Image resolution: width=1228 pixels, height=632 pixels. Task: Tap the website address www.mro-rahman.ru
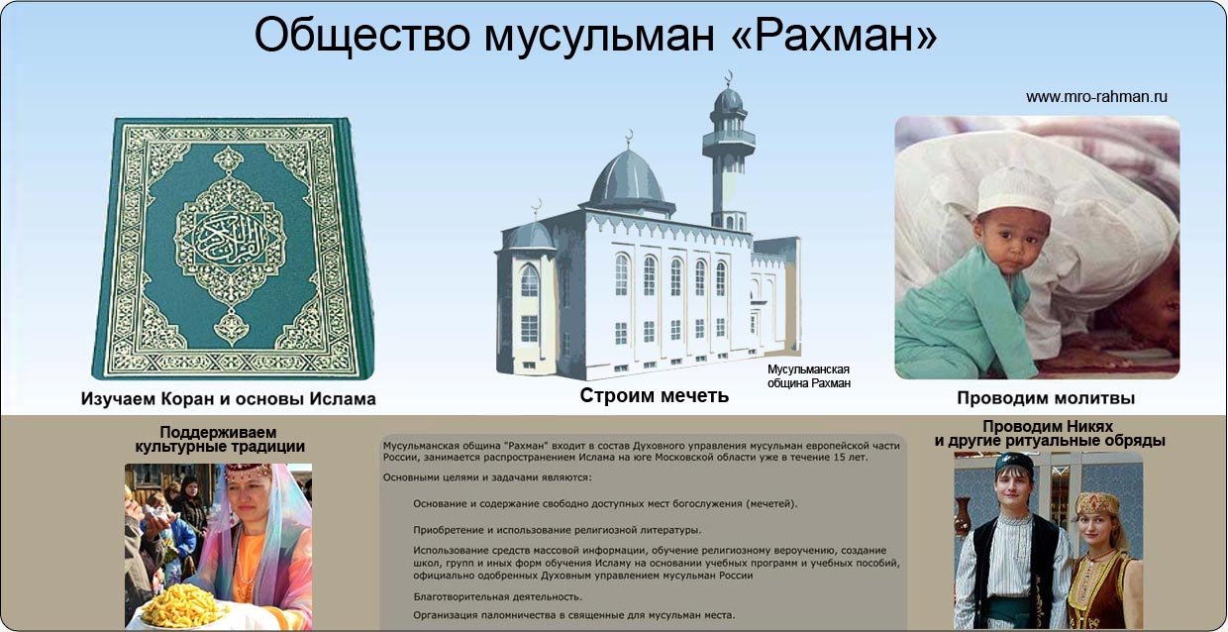(x=1096, y=97)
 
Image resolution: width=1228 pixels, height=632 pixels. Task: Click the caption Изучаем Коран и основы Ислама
(x=228, y=398)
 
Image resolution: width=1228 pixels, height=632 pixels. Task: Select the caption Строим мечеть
(x=654, y=395)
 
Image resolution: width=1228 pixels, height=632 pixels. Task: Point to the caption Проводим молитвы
(x=1046, y=398)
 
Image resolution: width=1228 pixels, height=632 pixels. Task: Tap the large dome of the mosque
(x=627, y=178)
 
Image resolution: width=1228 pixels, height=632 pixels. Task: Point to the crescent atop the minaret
(x=729, y=76)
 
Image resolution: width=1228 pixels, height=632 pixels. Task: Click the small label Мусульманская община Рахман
(x=809, y=376)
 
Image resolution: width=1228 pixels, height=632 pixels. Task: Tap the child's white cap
(x=1015, y=190)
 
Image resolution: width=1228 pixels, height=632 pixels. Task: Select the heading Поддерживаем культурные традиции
(x=219, y=440)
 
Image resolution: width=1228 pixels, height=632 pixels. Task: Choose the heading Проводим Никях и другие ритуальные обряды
(x=1050, y=434)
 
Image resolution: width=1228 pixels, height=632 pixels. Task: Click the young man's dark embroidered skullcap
(x=1014, y=464)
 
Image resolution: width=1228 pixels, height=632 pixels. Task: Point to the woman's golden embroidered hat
(x=1096, y=503)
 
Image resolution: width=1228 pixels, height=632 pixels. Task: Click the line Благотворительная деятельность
(x=497, y=596)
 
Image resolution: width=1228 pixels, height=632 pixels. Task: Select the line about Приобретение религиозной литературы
(x=557, y=530)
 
